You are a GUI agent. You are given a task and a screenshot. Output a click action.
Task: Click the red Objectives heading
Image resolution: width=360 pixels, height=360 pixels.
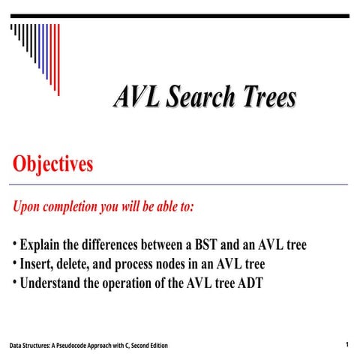tap(52, 163)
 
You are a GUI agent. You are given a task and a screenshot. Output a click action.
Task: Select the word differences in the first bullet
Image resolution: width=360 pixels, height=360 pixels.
tap(116, 245)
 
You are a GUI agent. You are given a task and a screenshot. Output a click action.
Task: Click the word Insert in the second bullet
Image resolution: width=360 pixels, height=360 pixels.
tap(37, 265)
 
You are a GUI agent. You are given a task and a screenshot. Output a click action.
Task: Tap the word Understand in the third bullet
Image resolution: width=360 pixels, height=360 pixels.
tap(51, 284)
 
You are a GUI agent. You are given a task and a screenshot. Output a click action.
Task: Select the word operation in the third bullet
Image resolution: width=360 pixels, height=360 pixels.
tap(132, 284)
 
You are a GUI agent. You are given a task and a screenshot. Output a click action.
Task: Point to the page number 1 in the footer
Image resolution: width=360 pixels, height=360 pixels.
tap(347, 344)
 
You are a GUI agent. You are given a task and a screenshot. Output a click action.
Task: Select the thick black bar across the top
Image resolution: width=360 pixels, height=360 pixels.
tap(180, 16)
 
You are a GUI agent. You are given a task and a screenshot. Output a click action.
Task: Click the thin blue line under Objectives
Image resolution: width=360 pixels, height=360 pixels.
tap(180, 184)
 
